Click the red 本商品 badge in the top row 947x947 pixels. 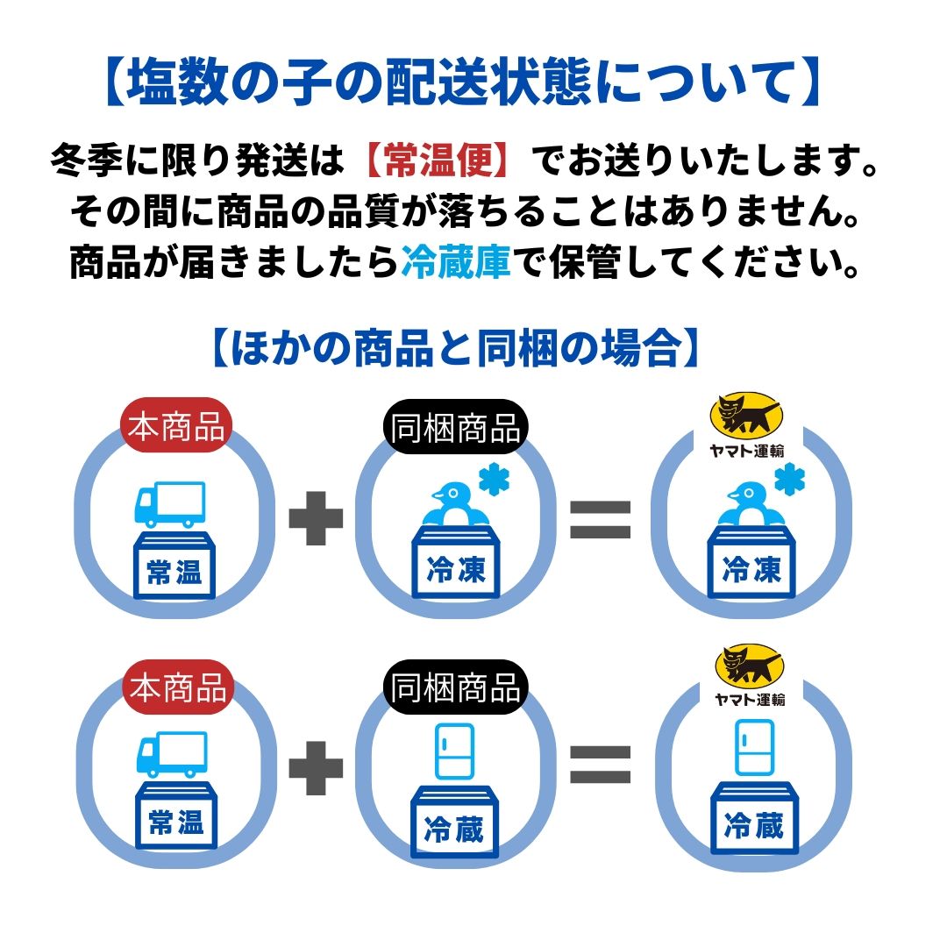coord(176,429)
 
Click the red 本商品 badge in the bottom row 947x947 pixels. coord(178,685)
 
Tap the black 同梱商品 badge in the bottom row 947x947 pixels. coord(456,687)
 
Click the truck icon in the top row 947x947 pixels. coord(169,503)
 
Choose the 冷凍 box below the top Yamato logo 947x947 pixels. coord(751,566)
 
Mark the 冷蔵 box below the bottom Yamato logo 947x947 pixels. coord(753,821)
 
